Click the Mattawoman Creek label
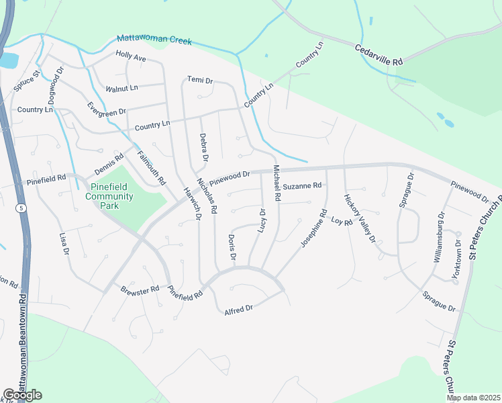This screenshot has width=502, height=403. tap(154, 40)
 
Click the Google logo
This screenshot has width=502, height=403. tap(22, 395)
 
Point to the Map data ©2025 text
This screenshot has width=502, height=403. tap(472, 398)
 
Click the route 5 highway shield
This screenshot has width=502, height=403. tap(21, 209)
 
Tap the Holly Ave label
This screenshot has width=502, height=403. tap(131, 56)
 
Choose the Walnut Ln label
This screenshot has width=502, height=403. tap(121, 88)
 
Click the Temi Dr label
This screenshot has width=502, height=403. tap(199, 81)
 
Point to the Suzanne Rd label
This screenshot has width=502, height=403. tap(302, 185)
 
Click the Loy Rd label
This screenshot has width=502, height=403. tap(342, 221)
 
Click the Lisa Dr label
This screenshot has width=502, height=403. tap(64, 243)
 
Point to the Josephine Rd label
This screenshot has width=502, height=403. tap(313, 229)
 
